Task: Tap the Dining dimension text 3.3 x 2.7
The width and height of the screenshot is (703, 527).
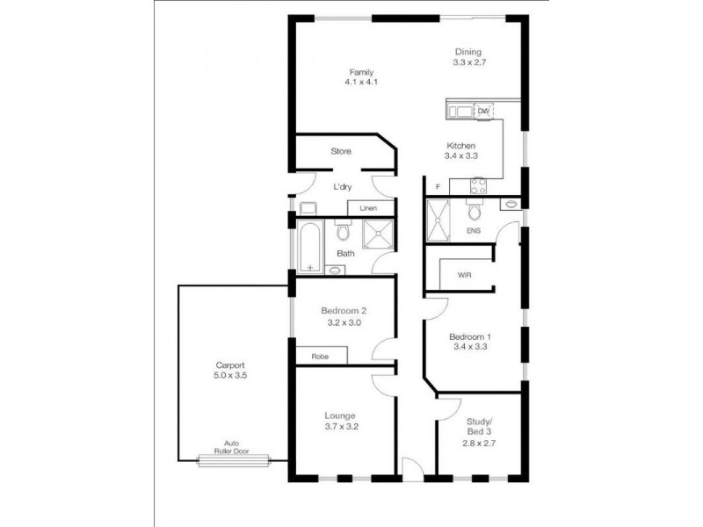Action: (467, 63)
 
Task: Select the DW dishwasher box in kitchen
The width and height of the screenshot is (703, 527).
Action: (482, 111)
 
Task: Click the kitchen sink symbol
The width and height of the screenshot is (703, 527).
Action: (460, 111)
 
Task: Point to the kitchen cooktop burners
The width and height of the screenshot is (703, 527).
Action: (479, 185)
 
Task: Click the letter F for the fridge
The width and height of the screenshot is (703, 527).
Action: (437, 187)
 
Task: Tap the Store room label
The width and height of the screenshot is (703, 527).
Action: (341, 151)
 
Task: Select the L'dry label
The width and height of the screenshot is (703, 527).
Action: (342, 186)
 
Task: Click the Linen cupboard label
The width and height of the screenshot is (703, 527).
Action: (368, 208)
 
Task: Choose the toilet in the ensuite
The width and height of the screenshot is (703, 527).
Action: (474, 212)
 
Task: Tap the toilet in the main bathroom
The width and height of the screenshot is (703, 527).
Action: (342, 232)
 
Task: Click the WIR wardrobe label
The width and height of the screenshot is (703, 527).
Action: (465, 275)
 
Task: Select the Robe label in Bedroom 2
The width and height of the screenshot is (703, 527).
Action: (320, 356)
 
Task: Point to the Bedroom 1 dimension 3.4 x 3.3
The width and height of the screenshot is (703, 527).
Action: (469, 346)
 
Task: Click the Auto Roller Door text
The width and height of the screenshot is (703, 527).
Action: (232, 447)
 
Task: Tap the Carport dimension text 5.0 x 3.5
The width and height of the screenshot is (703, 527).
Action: (230, 375)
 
